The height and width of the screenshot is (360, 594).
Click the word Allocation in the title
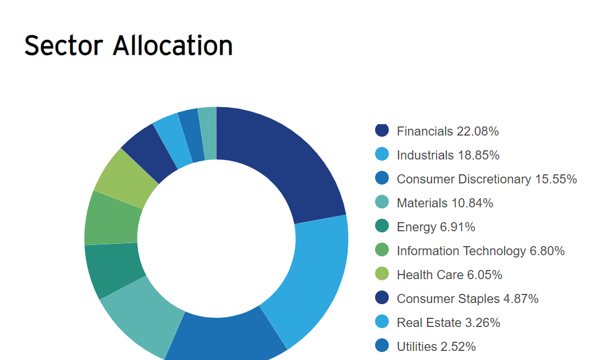point(173,45)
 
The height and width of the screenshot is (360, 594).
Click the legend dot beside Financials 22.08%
point(382,130)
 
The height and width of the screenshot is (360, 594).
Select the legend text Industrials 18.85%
point(448,155)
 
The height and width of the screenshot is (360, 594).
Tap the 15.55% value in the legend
point(555,179)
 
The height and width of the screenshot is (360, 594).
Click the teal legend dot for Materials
point(382,202)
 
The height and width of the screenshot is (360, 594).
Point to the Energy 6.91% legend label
point(436,227)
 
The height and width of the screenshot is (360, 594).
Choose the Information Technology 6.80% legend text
point(481,251)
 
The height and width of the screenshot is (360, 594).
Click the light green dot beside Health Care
point(382,274)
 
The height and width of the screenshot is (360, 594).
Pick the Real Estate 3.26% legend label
point(449,322)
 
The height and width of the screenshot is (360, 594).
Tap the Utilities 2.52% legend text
point(436,346)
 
